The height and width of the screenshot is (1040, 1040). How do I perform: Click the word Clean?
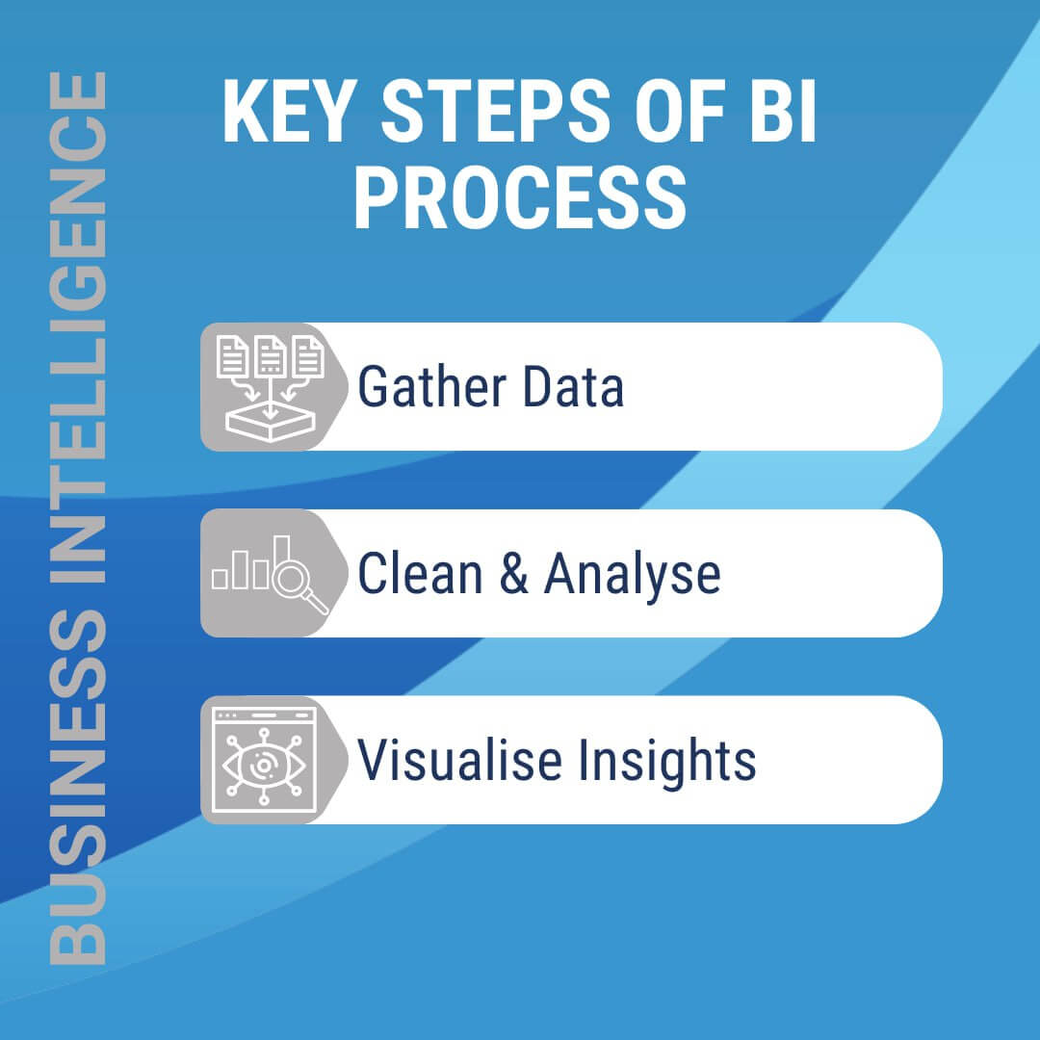pyautogui.click(x=420, y=574)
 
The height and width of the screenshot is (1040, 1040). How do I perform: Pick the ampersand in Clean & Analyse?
pyautogui.click(x=512, y=574)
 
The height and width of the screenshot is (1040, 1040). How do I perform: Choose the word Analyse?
pyautogui.click(x=632, y=574)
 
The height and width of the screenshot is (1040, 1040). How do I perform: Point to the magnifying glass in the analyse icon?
pyautogui.click(x=294, y=580)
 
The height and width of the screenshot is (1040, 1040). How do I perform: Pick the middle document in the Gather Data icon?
pyautogui.click(x=270, y=357)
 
